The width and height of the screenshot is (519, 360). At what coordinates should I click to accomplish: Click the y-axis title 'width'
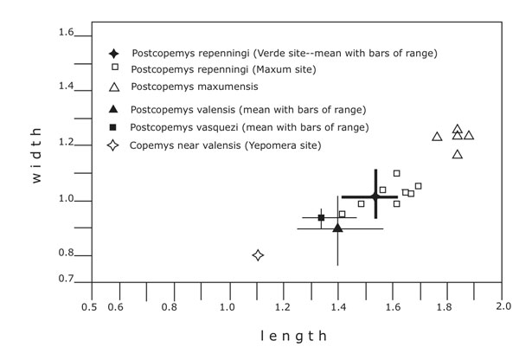(x=36, y=157)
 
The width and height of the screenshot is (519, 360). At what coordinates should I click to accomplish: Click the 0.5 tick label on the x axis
(x=89, y=306)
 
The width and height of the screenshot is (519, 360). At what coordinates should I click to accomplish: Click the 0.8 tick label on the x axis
(x=172, y=306)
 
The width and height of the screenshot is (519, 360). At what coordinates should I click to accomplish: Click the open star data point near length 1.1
(x=258, y=254)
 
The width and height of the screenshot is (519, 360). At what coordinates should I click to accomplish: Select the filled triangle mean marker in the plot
(x=337, y=228)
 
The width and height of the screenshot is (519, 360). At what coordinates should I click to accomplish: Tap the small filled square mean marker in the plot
(x=321, y=217)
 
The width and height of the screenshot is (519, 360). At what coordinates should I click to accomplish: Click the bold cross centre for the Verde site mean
(x=375, y=197)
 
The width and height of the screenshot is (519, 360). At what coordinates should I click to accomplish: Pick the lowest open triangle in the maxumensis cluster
(x=458, y=154)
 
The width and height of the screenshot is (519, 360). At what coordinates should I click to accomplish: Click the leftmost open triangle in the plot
(x=437, y=136)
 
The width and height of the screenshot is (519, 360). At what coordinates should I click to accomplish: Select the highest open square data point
(x=396, y=173)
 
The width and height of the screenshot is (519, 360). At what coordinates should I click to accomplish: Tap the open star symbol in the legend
(x=112, y=145)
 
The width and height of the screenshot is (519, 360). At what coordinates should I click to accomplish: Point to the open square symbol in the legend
(x=113, y=68)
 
